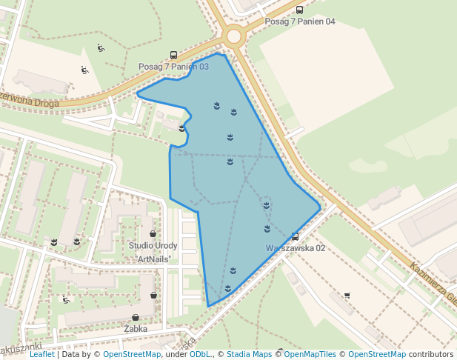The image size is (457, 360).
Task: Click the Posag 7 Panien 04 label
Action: [300, 21]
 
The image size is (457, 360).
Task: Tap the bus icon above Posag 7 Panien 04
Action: [299, 10]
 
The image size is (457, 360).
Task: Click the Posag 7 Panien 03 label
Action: [173, 67]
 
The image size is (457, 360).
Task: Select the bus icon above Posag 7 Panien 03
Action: [173, 55]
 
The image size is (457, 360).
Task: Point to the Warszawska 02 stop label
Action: [296, 248]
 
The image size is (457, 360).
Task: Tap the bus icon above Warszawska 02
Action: [295, 237]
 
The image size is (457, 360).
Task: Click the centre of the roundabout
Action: [234, 36]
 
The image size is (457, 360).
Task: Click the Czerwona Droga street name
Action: [30, 99]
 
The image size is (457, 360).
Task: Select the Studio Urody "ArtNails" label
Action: [153, 252]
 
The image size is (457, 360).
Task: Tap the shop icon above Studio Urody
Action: [153, 233]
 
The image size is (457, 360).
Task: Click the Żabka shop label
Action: [136, 328]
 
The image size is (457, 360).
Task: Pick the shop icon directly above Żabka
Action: [136, 317]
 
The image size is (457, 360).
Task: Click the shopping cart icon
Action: [347, 296]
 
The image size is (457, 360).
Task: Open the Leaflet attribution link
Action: [41, 355]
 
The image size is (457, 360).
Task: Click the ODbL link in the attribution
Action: [200, 355]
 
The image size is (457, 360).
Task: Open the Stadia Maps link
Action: [249, 355]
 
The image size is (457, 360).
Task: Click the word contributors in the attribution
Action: [431, 355]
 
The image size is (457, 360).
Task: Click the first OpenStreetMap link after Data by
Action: [132, 355]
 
